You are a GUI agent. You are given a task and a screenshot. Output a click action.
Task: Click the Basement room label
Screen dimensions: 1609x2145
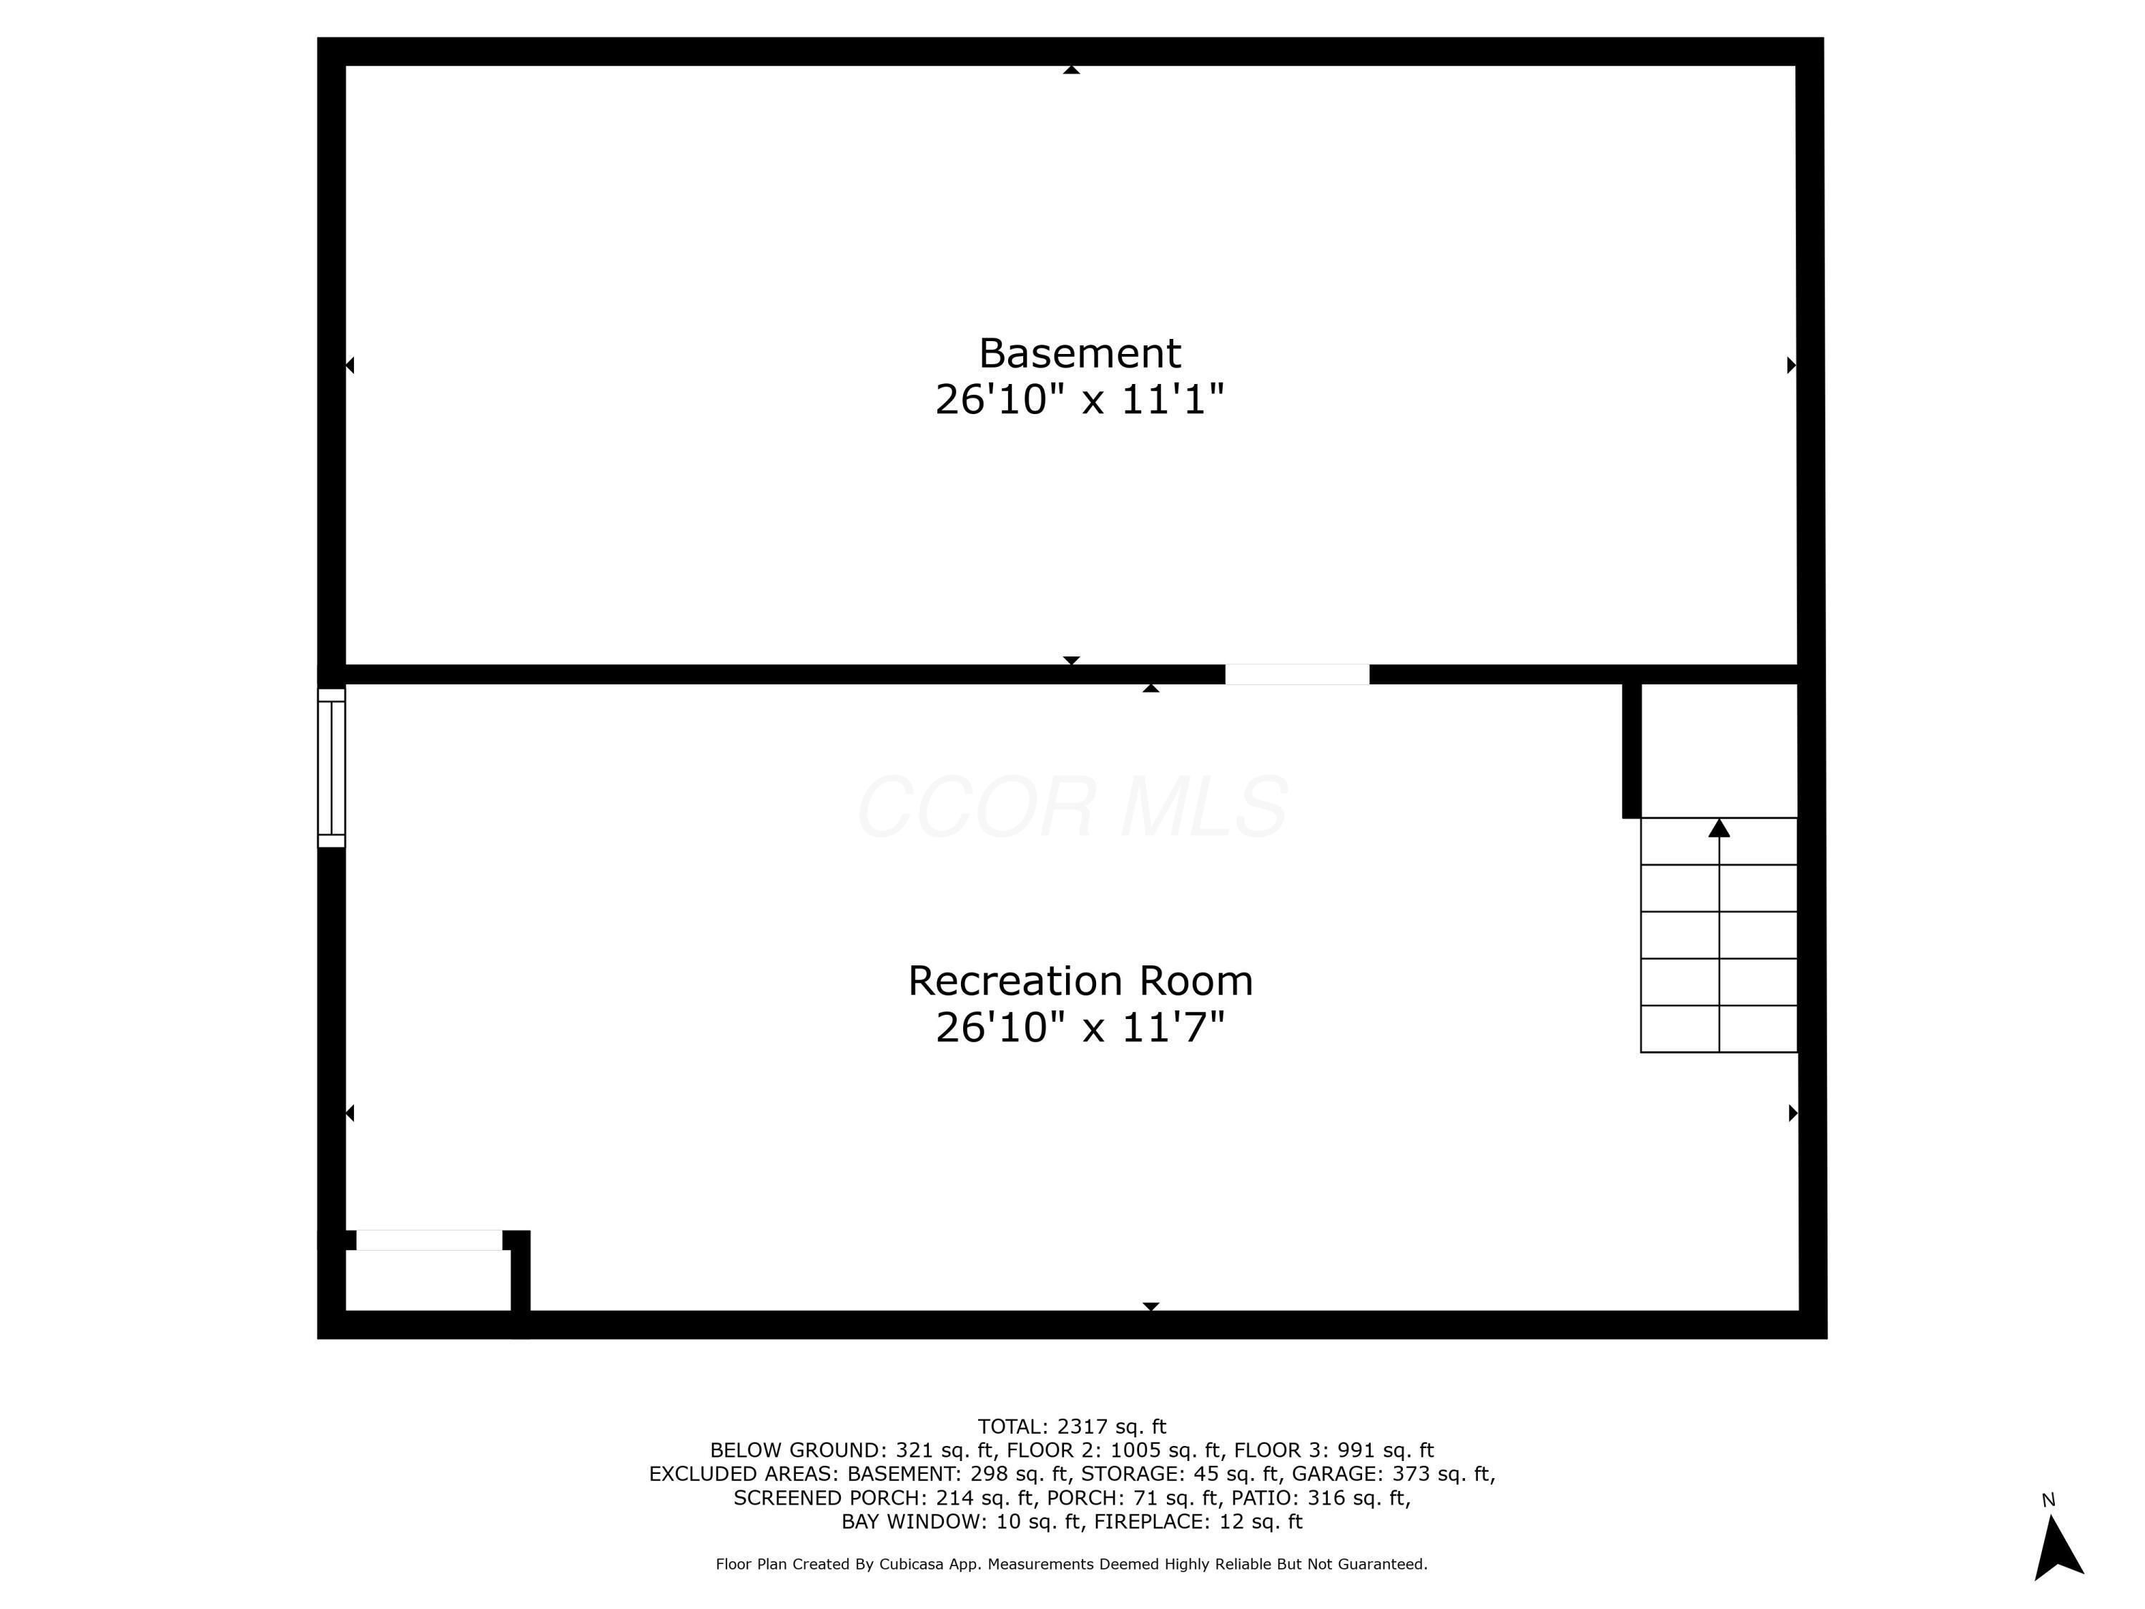1079,353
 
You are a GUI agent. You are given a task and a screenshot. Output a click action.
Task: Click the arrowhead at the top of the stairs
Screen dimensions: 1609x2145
1718,827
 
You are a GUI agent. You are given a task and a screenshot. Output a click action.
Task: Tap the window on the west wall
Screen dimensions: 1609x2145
332,767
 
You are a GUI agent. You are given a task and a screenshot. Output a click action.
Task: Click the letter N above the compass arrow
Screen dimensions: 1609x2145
2048,1500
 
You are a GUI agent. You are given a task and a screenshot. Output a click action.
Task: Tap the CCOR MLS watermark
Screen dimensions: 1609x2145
1072,807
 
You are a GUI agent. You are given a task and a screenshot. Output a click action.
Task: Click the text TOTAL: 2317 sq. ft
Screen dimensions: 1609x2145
1072,1427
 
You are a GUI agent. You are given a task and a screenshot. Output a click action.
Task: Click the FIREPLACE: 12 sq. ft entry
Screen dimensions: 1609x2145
1198,1522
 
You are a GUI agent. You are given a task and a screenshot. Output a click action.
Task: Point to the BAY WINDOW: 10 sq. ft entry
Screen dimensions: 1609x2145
960,1522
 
